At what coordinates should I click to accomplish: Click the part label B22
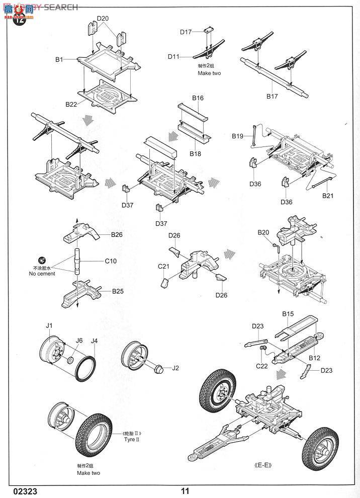(71, 104)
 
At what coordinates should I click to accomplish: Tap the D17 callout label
(186, 32)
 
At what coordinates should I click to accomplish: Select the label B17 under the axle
(272, 96)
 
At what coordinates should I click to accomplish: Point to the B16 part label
(198, 98)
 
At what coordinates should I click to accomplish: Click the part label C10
(111, 261)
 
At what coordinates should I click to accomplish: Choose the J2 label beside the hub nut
(175, 368)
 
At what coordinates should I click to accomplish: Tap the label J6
(79, 341)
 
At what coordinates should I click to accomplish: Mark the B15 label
(288, 314)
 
